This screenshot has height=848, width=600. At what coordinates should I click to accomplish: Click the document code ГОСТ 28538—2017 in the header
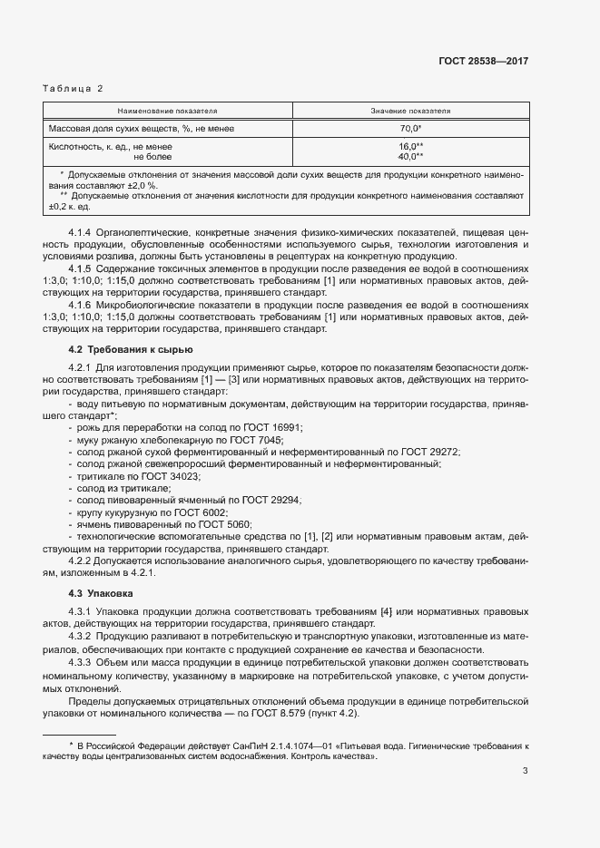[485, 61]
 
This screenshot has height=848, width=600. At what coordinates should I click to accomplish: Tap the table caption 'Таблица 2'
[74, 88]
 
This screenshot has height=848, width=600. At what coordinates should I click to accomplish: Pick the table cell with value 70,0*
[411, 129]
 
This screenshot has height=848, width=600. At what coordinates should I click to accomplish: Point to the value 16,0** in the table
[411, 146]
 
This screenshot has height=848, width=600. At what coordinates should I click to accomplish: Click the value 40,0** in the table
[411, 156]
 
